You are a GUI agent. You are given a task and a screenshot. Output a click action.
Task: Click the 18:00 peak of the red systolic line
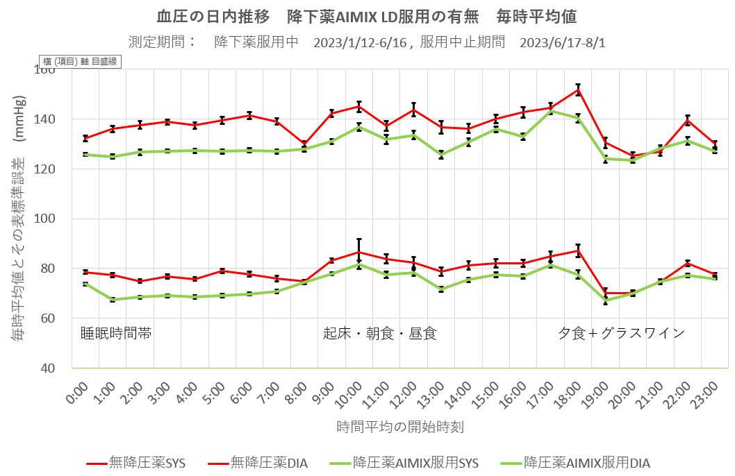tap(577, 90)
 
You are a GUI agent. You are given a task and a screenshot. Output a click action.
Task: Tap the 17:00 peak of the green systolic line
tap(550, 111)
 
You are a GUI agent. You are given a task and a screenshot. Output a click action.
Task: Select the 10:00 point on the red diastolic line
tap(359, 252)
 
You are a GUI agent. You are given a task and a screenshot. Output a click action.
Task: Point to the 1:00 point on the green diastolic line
tap(113, 300)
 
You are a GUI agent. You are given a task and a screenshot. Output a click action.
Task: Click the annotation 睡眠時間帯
tap(116, 333)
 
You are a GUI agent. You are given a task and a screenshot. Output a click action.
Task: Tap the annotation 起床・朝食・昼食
tap(380, 333)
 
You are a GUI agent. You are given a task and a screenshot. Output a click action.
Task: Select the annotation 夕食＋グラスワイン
tap(622, 333)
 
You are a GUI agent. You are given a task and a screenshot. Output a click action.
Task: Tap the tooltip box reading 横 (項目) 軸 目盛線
tap(81, 62)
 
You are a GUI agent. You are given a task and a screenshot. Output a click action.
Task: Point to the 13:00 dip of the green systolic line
tap(440, 155)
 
